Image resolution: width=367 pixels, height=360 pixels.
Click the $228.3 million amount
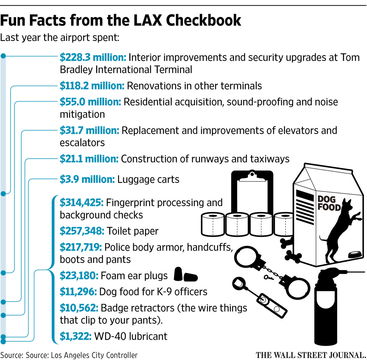pos(93,58)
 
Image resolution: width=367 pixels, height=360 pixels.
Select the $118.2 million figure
pos(92,86)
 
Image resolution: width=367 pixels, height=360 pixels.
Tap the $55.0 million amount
pos(90,102)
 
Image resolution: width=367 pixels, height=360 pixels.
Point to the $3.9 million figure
pos(87,180)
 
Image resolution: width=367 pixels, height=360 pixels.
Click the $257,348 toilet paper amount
pos(82,231)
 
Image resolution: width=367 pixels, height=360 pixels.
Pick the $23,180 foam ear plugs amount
pos(79,276)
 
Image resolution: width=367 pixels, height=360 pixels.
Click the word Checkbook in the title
pos(204,21)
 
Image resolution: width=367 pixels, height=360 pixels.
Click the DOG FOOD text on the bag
pos(329,203)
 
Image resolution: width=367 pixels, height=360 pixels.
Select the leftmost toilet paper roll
pos(213,225)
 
